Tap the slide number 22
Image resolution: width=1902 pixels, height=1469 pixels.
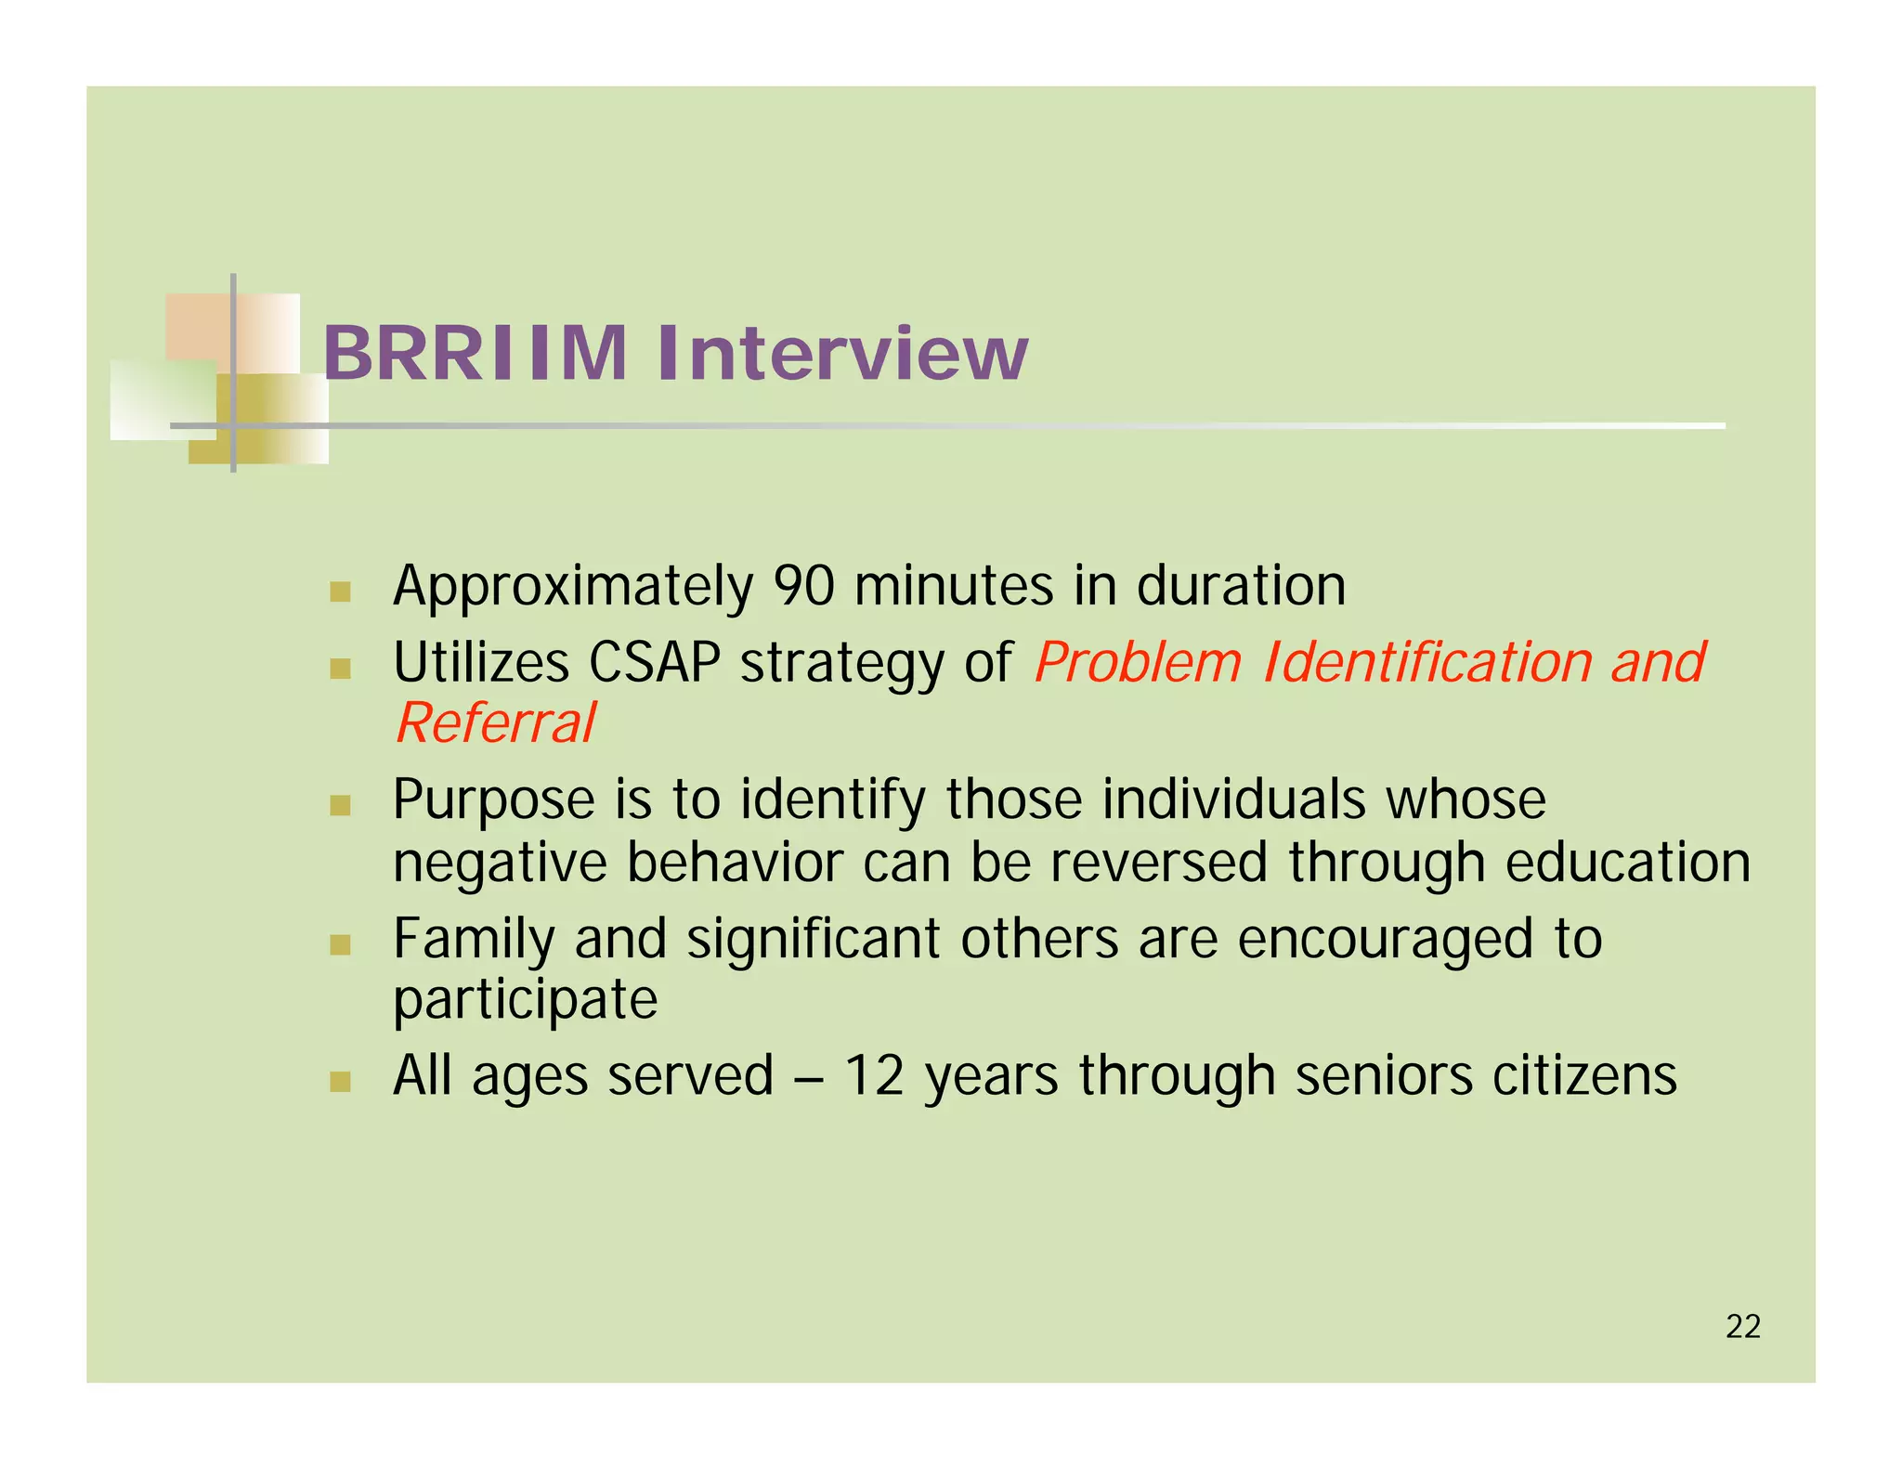tap(1742, 1326)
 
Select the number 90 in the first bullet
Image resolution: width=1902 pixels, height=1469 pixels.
tap(804, 586)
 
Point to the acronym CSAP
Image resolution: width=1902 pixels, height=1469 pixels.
tap(654, 663)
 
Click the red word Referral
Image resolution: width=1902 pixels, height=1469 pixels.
tap(495, 723)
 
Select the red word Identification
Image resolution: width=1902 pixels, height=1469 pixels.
tap(1427, 663)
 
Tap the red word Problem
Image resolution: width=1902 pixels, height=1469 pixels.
tap(1138, 663)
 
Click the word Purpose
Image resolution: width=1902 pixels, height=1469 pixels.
tap(493, 801)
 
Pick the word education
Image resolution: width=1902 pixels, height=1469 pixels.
tap(1627, 863)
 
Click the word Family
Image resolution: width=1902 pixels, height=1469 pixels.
tap(474, 940)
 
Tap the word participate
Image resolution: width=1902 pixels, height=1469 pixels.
tap(525, 1001)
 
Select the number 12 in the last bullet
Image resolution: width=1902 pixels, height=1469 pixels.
tap(873, 1076)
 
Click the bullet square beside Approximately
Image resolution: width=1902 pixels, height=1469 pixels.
tap(340, 591)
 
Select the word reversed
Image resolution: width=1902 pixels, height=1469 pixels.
tap(1158, 863)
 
